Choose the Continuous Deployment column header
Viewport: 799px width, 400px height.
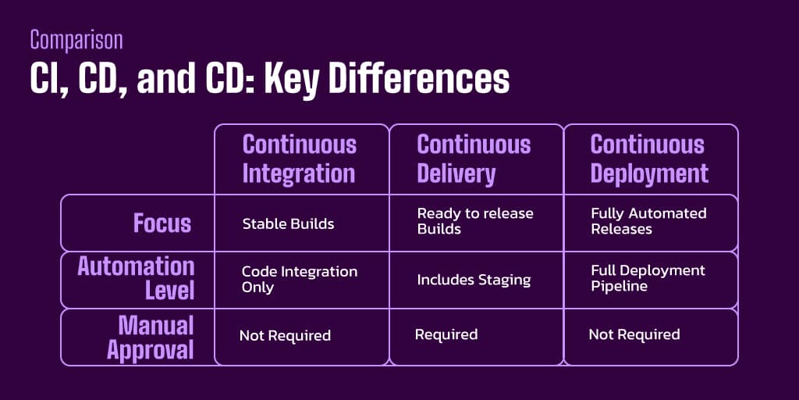[649, 159]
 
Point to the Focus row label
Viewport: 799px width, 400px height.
[162, 223]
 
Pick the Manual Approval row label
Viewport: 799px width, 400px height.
[150, 337]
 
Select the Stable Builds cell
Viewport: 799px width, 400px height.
[288, 224]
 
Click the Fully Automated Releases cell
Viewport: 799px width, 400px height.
[648, 221]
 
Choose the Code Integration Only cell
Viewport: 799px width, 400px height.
[299, 279]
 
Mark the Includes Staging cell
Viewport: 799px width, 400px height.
[474, 280]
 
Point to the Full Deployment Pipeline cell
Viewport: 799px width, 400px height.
[648, 278]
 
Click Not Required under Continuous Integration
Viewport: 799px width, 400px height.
[285, 336]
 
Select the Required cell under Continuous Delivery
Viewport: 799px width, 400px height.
[446, 334]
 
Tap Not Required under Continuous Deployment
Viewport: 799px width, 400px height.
[634, 334]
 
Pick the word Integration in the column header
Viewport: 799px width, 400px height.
[299, 173]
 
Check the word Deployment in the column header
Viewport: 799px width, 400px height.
[650, 173]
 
